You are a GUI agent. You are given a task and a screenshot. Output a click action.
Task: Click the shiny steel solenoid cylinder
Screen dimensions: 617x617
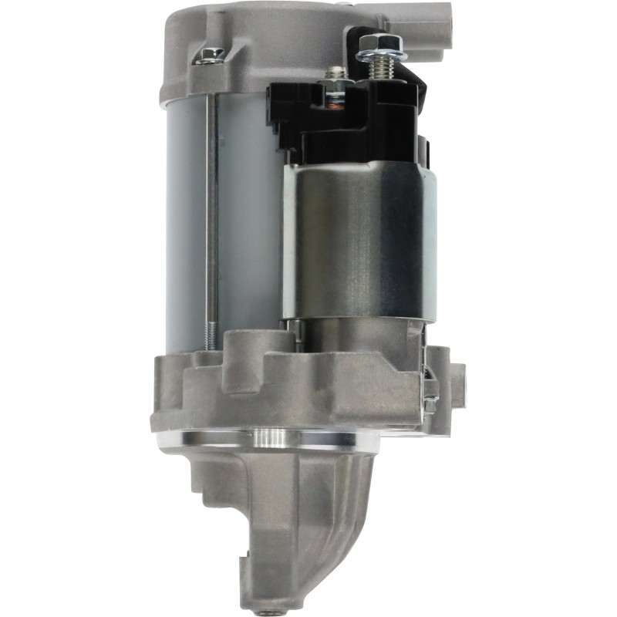(359, 239)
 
